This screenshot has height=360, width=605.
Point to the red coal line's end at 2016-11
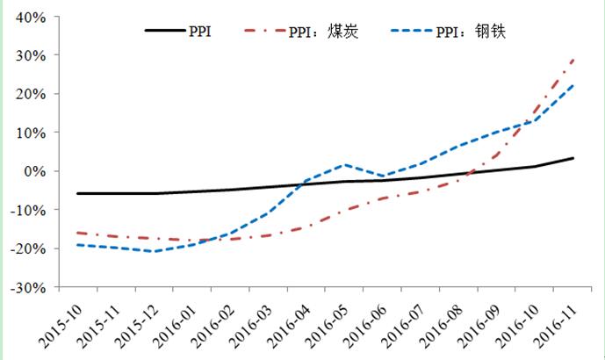(573, 59)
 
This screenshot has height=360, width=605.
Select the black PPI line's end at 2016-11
(573, 158)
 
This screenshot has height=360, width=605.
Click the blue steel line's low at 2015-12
(155, 251)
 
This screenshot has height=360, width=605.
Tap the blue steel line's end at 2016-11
(573, 85)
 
